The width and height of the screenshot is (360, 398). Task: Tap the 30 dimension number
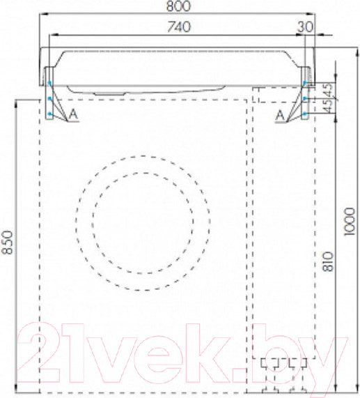click(x=305, y=27)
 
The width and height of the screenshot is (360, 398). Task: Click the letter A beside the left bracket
click(x=72, y=115)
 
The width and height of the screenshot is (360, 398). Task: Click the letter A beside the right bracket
click(x=279, y=115)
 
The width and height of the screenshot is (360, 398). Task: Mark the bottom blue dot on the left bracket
click(x=49, y=112)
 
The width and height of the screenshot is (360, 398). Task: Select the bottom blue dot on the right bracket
click(x=306, y=112)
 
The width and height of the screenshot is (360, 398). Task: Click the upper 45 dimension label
click(x=329, y=88)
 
